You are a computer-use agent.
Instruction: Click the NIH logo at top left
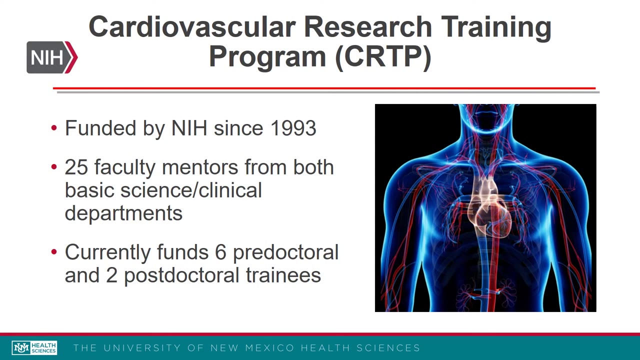pyautogui.click(x=52, y=57)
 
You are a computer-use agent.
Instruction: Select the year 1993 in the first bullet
pyautogui.click(x=293, y=128)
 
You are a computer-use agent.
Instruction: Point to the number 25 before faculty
pyautogui.click(x=76, y=167)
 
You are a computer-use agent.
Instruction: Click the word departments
pyautogui.click(x=123, y=213)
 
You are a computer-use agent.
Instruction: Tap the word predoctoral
pyautogui.click(x=285, y=252)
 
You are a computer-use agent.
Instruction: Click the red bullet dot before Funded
pyautogui.click(x=54, y=128)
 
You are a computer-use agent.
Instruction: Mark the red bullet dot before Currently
pyautogui.click(x=54, y=252)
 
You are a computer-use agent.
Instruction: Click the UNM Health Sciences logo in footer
pyautogui.click(x=34, y=348)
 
